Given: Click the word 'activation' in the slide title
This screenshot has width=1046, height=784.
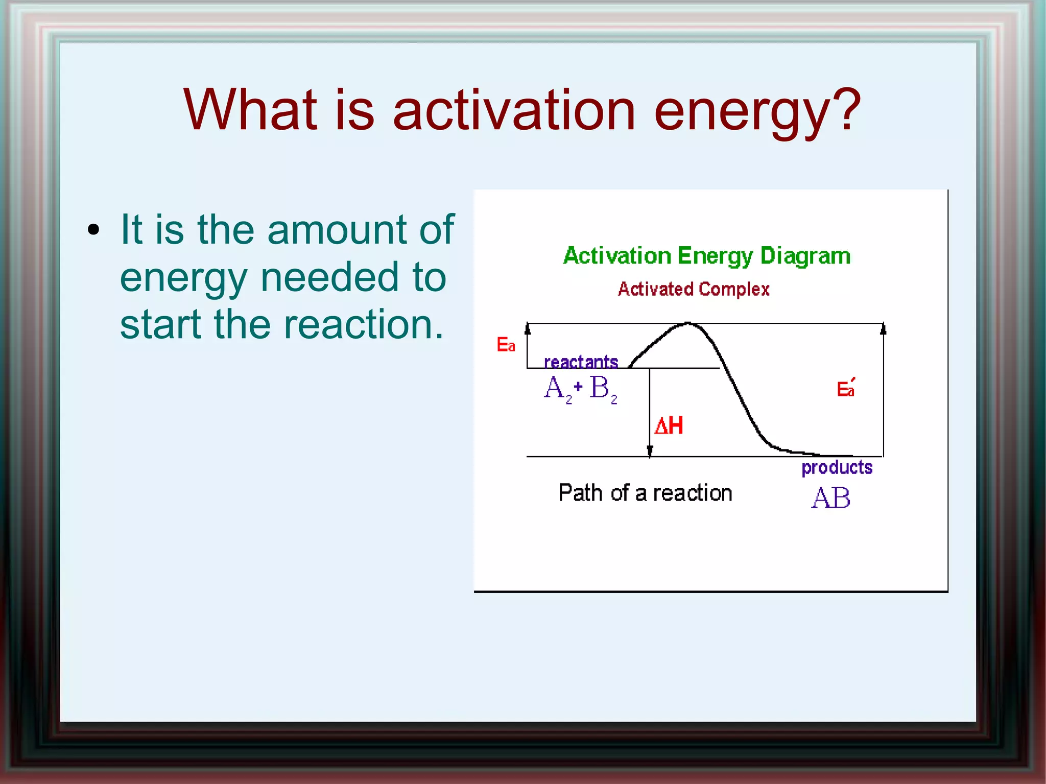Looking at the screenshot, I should point(514,110).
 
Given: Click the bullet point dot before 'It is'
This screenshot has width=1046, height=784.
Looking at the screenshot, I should point(93,230).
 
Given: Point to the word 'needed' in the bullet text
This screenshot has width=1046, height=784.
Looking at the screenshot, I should point(327,277).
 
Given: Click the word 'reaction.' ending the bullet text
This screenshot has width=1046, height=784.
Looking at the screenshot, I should point(363,325).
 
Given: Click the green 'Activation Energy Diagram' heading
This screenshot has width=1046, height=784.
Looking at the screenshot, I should point(707,256).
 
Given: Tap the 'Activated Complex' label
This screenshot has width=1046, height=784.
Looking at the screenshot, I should point(694,289).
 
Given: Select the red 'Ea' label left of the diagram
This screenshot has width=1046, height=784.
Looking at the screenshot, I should point(506,345).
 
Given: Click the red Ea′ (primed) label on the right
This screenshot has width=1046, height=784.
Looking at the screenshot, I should point(845,389).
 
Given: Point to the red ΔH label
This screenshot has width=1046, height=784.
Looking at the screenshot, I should point(669,425).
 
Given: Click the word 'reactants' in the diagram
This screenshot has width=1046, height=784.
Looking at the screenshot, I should point(581,362).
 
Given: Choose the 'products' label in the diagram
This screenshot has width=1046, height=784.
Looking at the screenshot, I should point(837,467).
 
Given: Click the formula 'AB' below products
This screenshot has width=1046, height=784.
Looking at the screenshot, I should point(830,497).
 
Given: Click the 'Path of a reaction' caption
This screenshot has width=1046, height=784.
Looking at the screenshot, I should point(645,493).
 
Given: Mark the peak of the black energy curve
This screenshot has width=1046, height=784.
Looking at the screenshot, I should point(687,323).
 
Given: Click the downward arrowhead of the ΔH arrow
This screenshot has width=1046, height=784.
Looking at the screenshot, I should point(650,452).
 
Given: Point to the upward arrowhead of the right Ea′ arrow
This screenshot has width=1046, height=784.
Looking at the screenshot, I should point(883,328).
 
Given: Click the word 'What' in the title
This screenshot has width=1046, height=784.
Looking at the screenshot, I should point(250,109).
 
